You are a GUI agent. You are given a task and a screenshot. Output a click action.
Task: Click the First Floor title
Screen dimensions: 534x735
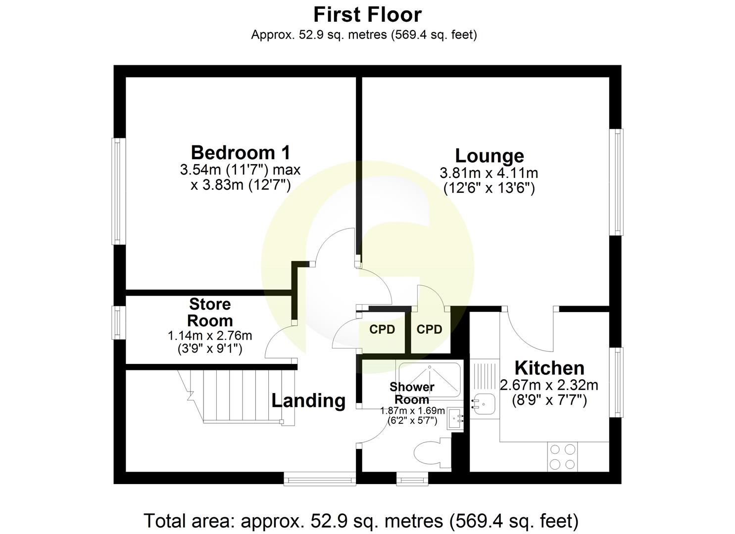[x=367, y=15]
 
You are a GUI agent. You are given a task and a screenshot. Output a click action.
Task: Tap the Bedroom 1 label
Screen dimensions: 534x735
[x=241, y=152]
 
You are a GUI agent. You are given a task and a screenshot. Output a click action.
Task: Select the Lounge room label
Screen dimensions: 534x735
[x=489, y=155]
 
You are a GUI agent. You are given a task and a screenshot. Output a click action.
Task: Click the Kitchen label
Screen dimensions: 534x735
[x=549, y=368]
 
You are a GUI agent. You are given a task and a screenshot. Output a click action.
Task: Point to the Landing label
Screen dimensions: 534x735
[x=308, y=400]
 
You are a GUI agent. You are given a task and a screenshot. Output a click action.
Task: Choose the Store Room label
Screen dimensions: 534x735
[x=210, y=312]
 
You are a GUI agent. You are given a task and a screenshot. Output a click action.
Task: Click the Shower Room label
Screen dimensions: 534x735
[x=412, y=393]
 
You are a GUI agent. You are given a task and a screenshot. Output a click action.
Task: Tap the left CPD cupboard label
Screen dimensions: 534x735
[x=382, y=329]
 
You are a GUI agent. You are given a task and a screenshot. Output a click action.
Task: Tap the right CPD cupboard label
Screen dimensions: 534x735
[x=429, y=329]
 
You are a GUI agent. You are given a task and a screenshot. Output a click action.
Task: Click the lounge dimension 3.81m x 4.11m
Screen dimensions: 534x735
[x=489, y=174]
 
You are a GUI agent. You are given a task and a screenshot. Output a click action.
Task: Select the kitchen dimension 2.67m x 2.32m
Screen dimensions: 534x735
[x=549, y=385]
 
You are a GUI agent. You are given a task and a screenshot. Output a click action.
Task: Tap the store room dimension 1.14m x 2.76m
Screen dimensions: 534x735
[x=210, y=336]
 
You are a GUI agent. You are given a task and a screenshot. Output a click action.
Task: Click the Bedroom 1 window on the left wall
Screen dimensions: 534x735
[x=117, y=191]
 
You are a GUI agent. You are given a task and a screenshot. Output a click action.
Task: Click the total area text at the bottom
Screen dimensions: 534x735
[x=361, y=521]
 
